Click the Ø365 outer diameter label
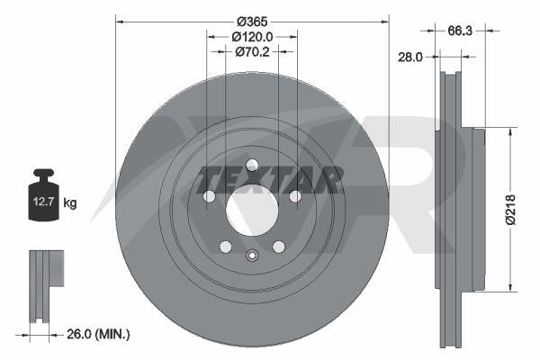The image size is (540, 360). [x=252, y=22]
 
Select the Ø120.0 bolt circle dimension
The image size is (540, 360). [x=252, y=37]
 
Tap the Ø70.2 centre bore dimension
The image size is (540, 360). [x=252, y=51]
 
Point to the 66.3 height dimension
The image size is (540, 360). [x=459, y=31]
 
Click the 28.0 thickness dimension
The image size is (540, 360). [x=409, y=57]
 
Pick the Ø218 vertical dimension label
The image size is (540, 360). [x=511, y=210]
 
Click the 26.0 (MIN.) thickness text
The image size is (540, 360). [x=98, y=334]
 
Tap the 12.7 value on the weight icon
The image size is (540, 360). [x=43, y=202]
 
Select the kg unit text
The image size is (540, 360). [x=70, y=202]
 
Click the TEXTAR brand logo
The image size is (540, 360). [x=270, y=179]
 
